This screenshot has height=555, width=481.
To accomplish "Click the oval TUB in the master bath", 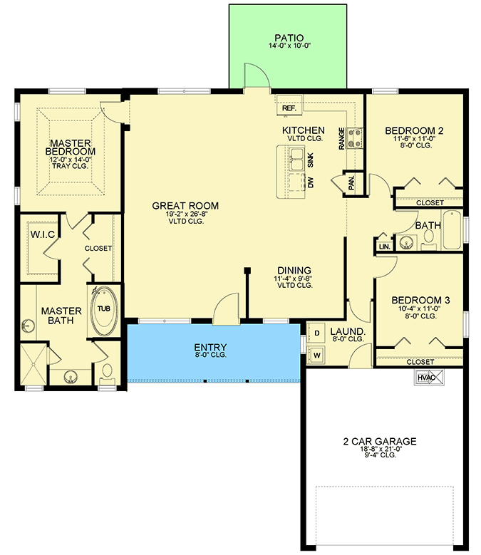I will (104, 310).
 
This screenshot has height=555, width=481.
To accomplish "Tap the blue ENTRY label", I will (211, 348).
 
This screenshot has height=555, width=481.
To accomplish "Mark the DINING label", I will (294, 270).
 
